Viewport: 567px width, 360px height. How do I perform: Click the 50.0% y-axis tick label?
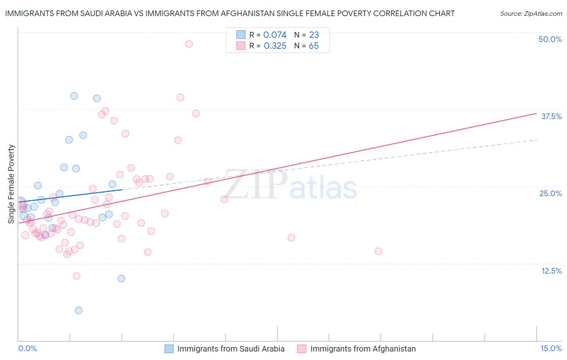pyautogui.click(x=550, y=39)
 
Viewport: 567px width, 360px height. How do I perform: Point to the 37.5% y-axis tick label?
pyautogui.click(x=551, y=116)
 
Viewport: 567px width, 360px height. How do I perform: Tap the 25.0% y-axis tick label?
pyautogui.click(x=550, y=193)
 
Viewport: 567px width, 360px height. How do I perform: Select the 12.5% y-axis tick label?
pyautogui.click(x=551, y=271)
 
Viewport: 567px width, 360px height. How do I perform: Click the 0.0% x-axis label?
pyautogui.click(x=27, y=348)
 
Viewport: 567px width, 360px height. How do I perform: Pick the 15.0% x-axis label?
pyautogui.click(x=551, y=348)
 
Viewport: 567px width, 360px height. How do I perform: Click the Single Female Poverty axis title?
pyautogui.click(x=11, y=184)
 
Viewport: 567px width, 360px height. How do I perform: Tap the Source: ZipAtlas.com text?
pyautogui.click(x=531, y=13)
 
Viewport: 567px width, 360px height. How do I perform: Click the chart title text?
pyautogui.click(x=230, y=13)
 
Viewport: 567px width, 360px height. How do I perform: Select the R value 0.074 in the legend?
pyautogui.click(x=275, y=35)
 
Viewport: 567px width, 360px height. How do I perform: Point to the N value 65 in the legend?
pyautogui.click(x=314, y=46)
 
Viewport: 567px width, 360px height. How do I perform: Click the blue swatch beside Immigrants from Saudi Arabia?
pyautogui.click(x=169, y=349)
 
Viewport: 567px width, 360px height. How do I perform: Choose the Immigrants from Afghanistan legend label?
pyautogui.click(x=363, y=349)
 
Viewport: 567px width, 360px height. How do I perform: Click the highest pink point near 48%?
pyautogui.click(x=189, y=44)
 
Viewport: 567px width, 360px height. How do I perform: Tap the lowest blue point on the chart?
pyautogui.click(x=79, y=310)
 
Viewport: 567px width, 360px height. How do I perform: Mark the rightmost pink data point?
pyautogui.click(x=378, y=251)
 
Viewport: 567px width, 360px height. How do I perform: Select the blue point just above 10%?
pyautogui.click(x=121, y=278)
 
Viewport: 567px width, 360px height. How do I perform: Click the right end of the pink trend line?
pyautogui.click(x=537, y=113)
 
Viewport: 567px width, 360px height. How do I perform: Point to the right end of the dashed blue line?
pyautogui.click(x=537, y=140)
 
